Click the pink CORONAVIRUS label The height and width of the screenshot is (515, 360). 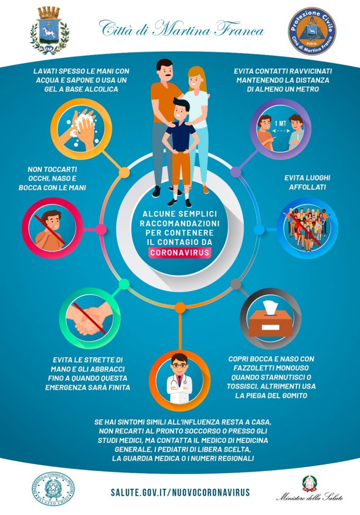click(180, 252)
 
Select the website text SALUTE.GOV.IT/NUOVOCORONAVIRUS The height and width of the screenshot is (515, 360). click(180, 492)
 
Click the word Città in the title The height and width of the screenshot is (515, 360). click(118, 30)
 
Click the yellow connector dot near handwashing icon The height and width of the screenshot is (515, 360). click(125, 172)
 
